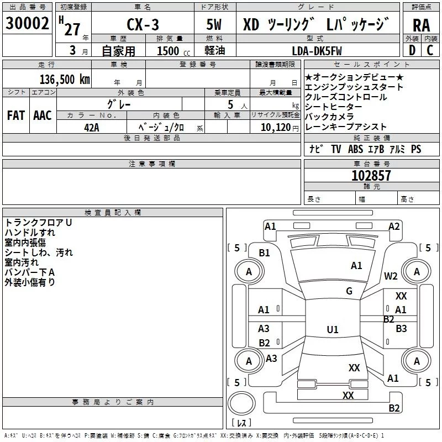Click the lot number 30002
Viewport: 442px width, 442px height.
tap(28, 24)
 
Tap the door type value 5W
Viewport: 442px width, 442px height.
tap(214, 25)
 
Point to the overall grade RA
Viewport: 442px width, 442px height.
tap(421, 25)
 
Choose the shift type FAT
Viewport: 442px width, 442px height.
tap(16, 115)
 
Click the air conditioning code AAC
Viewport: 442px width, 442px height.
tap(43, 115)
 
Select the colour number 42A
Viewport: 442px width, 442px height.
tap(91, 127)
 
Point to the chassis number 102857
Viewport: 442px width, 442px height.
tap(371, 176)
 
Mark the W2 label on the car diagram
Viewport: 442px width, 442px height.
tap(391, 276)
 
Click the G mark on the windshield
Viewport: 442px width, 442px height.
tap(349, 291)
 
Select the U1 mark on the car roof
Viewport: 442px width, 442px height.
tap(333, 329)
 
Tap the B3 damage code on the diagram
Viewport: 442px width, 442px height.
tap(401, 328)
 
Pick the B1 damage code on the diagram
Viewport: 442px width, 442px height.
tap(265, 252)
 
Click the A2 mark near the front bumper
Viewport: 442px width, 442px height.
tap(394, 226)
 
